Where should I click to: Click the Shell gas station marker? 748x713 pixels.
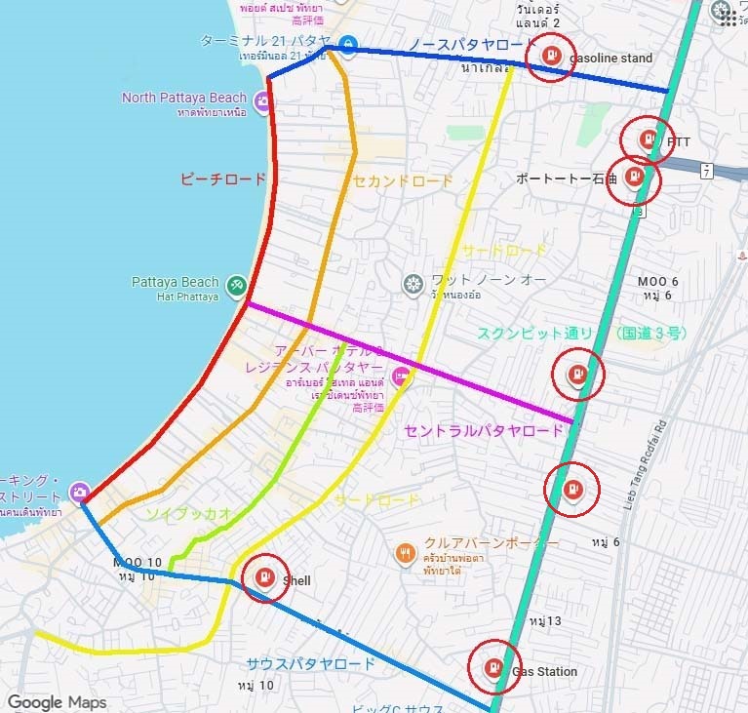point(263,577)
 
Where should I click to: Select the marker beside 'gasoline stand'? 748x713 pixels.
point(551,56)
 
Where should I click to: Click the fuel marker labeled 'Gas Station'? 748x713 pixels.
point(493,668)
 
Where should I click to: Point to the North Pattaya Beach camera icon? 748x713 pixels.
point(262,100)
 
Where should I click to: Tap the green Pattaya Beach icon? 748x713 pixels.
point(235,285)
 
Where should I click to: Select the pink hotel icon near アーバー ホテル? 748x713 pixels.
point(399,376)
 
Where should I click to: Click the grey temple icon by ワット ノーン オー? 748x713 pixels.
point(413,284)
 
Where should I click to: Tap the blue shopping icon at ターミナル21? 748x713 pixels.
point(348,44)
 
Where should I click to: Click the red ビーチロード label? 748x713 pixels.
point(223,179)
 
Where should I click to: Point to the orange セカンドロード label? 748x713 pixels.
point(403,180)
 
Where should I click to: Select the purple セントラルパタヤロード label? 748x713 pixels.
point(484,430)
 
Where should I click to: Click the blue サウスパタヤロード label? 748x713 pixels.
point(310,664)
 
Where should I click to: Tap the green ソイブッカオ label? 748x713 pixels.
point(189,513)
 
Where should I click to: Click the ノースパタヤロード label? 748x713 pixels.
point(466,45)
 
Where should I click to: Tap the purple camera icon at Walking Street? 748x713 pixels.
point(79,492)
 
